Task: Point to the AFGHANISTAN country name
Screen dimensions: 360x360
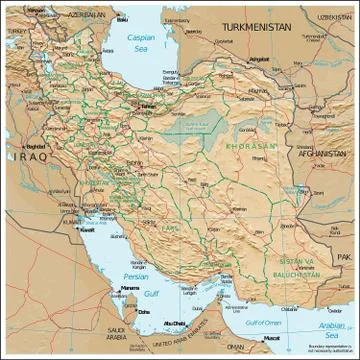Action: (x=322, y=154)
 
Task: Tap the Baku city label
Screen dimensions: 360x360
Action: (x=122, y=19)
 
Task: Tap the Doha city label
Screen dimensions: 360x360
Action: (x=145, y=310)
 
